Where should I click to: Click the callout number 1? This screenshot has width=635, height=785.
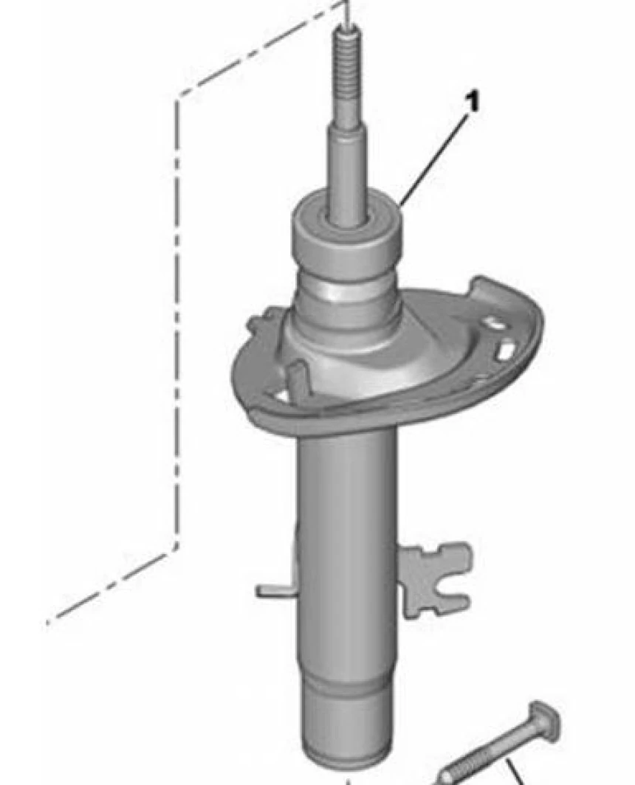point(473,103)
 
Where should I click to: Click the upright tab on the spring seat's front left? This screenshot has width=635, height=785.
point(295,381)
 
